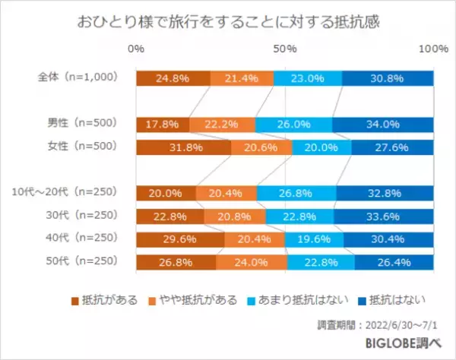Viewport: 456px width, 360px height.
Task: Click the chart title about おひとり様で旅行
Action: (227, 22)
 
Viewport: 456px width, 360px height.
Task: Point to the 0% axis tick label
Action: (137, 49)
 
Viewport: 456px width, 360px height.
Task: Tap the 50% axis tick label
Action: (285, 49)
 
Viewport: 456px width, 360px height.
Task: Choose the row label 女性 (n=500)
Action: (81, 147)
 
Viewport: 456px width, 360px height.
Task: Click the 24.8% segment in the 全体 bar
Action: (173, 77)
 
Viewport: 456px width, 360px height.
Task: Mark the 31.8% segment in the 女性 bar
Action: (183, 147)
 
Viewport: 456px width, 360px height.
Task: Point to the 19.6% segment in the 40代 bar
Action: (314, 240)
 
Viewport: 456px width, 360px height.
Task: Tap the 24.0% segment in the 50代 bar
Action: (252, 263)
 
